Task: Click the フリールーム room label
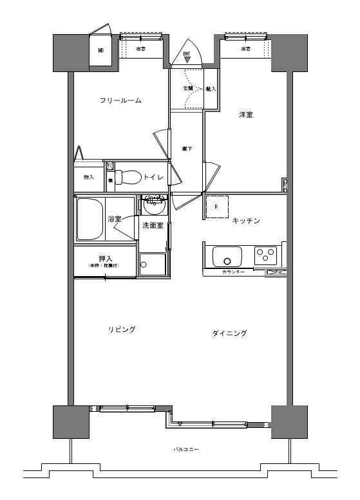pos(120,101)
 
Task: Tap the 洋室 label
pos(245,115)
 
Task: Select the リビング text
pos(122,329)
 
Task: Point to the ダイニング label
pos(229,333)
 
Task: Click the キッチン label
pos(245,221)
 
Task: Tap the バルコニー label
pos(185,448)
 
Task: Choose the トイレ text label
pos(153,177)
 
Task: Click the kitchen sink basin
pos(227,257)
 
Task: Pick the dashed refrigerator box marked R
pos(216,207)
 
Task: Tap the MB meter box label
pos(101,50)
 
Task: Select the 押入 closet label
pos(105,259)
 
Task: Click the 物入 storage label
pos(88,177)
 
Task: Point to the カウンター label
pos(233,273)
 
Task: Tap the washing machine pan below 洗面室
pos(151,264)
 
